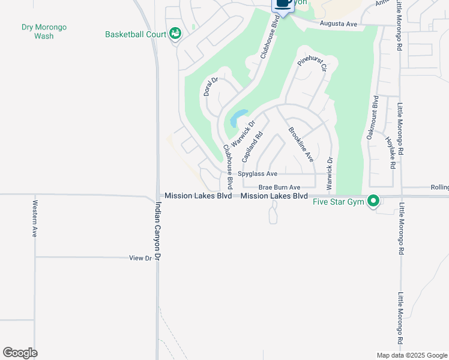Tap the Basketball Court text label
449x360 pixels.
click(135, 34)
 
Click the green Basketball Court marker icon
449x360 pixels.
click(175, 34)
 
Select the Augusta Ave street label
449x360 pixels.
click(339, 23)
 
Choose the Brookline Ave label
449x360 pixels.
click(301, 145)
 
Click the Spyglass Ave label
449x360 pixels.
click(258, 173)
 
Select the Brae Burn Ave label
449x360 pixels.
click(279, 187)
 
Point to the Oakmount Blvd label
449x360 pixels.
click(372, 118)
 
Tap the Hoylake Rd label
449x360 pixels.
click(392, 151)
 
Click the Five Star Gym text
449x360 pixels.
click(339, 202)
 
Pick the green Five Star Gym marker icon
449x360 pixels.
click(373, 201)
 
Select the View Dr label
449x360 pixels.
click(140, 258)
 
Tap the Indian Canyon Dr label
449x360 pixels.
click(158, 230)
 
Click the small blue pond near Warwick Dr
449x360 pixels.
click(238, 117)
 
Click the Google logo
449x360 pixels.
click(20, 353)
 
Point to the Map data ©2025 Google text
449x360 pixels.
click(411, 355)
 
